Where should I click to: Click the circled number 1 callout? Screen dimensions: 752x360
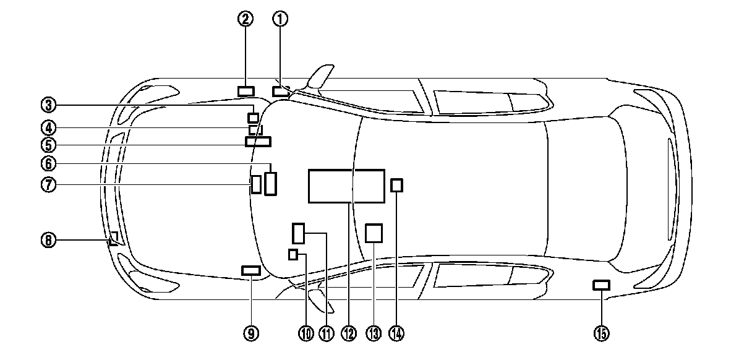click(x=281, y=19)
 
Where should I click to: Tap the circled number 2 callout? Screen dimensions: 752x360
click(x=246, y=19)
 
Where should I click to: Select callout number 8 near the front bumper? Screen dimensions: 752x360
click(x=49, y=239)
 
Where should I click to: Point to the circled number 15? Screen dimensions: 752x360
click(x=601, y=333)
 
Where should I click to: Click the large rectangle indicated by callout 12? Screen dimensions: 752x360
click(x=346, y=186)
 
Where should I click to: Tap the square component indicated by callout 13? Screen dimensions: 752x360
click(x=374, y=233)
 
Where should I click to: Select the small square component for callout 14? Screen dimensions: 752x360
click(x=397, y=185)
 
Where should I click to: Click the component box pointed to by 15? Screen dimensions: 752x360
click(x=601, y=285)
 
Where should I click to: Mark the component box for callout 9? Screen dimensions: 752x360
click(x=251, y=270)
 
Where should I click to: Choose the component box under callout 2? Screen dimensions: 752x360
click(x=246, y=92)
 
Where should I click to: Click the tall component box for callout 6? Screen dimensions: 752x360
click(x=270, y=184)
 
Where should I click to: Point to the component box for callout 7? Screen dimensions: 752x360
click(x=256, y=184)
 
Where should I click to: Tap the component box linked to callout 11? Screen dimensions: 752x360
click(x=299, y=234)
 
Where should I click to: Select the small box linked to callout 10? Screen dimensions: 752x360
click(x=293, y=254)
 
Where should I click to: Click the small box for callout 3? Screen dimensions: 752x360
click(x=253, y=118)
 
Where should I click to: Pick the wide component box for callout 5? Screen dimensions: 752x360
click(x=258, y=141)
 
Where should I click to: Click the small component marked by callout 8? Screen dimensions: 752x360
click(x=114, y=239)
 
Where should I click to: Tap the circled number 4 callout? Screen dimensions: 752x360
click(x=49, y=128)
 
